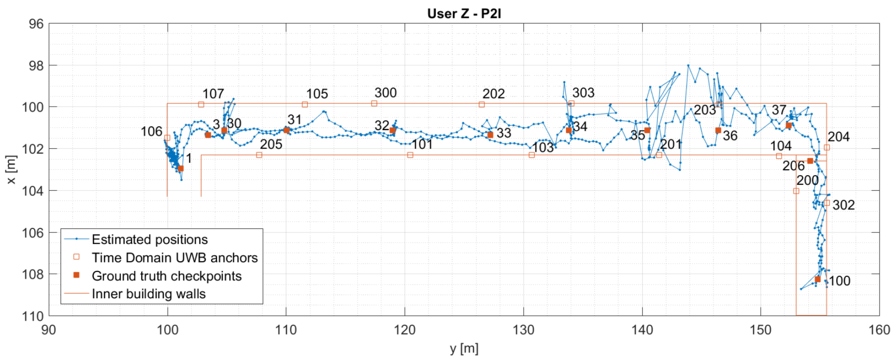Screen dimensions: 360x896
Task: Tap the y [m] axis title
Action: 464,348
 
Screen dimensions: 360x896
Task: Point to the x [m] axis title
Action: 11,169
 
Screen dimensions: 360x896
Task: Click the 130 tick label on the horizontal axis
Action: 524,330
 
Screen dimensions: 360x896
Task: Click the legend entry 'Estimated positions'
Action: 149,240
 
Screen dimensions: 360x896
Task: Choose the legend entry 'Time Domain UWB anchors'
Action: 175,258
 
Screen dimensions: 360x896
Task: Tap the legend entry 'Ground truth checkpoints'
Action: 167,276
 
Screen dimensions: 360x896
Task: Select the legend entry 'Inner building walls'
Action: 148,294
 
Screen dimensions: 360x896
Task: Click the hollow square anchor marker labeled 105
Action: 305,104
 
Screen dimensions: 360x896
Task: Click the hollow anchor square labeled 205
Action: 259,155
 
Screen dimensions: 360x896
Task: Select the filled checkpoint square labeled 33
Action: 490,135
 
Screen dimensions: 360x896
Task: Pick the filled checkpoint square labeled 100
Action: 818,279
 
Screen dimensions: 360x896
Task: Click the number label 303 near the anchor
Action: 583,93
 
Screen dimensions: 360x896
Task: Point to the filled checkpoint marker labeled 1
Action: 181,168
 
